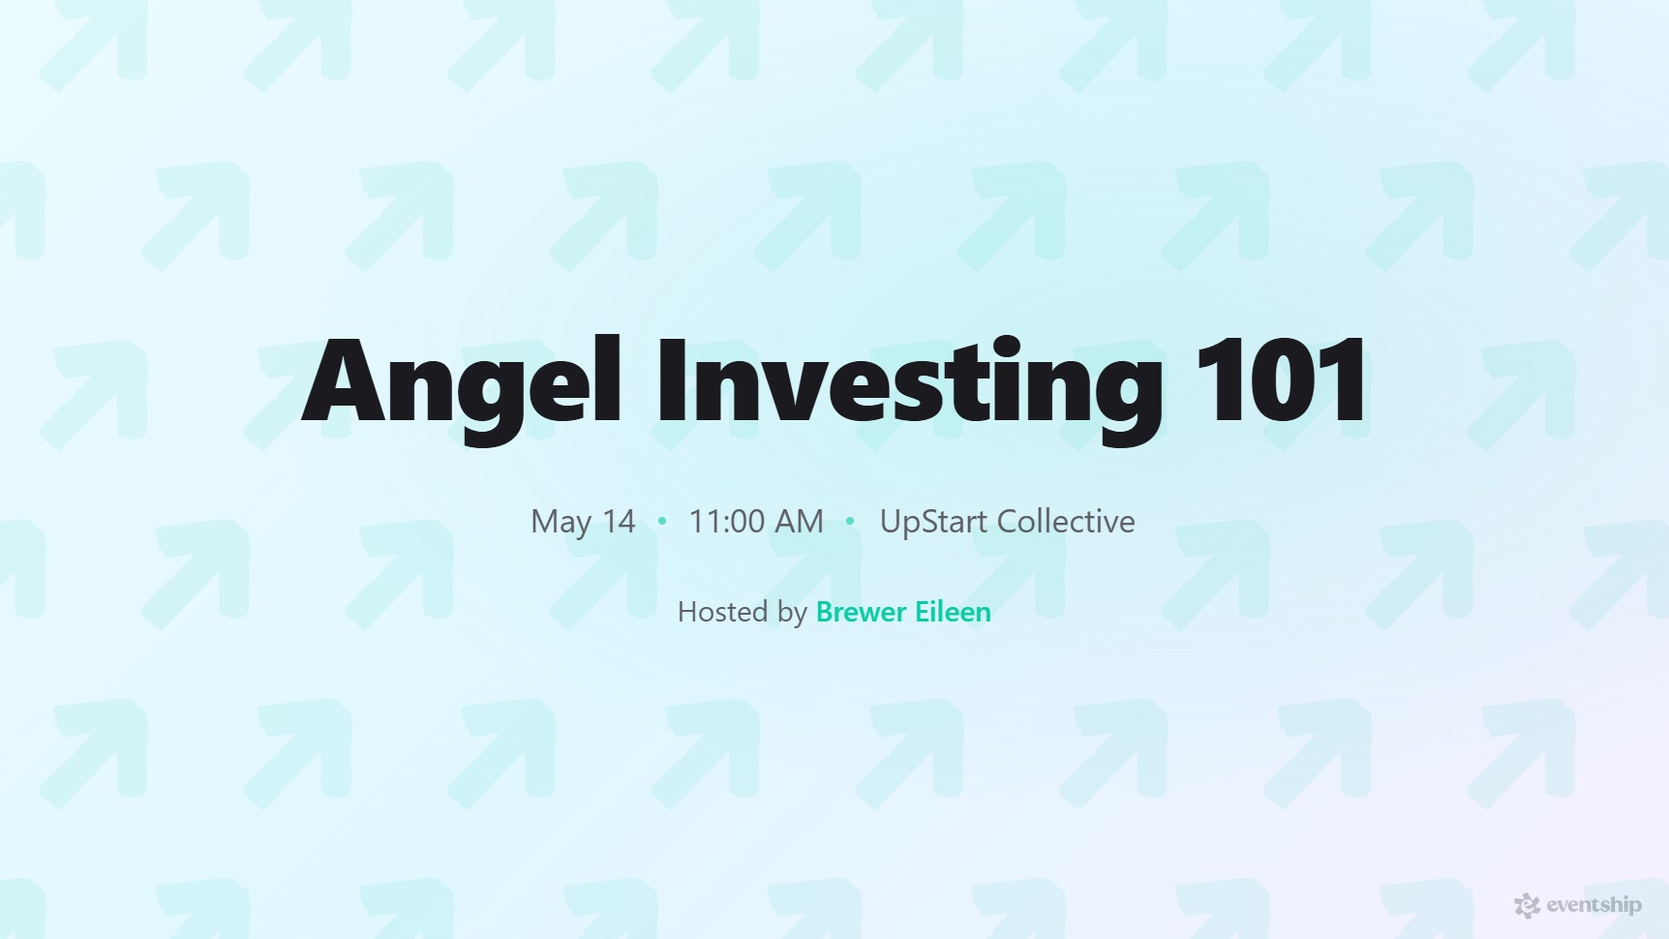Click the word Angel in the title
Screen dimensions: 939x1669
pos(461,382)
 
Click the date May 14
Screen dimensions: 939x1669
pos(583,522)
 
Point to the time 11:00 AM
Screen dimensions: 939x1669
pos(755,522)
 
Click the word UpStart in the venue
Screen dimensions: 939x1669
pos(933,522)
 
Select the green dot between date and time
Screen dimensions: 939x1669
pos(662,521)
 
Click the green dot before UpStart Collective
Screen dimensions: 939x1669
pos(850,521)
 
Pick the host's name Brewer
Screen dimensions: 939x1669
pos(861,612)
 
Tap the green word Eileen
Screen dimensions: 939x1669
pos(953,612)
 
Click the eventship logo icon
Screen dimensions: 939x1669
pos(1527,905)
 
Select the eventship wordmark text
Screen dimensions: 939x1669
pos(1593,905)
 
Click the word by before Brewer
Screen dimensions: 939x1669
pos(792,613)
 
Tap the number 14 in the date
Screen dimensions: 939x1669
pos(619,522)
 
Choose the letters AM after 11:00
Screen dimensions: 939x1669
pos(799,522)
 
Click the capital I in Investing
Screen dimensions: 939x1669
pos(671,382)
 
